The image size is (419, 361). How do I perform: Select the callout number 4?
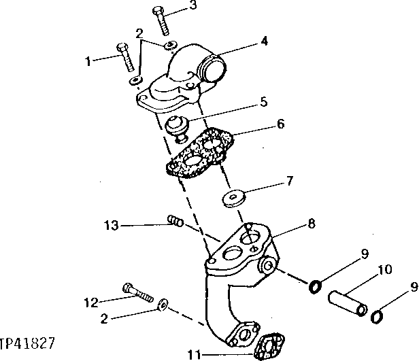click(264, 41)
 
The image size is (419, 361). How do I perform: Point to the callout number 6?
click(280, 124)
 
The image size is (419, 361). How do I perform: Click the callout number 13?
click(112, 225)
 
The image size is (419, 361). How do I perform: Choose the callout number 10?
click(386, 271)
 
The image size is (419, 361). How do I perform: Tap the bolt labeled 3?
click(161, 20)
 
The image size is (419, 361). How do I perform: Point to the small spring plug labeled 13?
click(175, 221)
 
